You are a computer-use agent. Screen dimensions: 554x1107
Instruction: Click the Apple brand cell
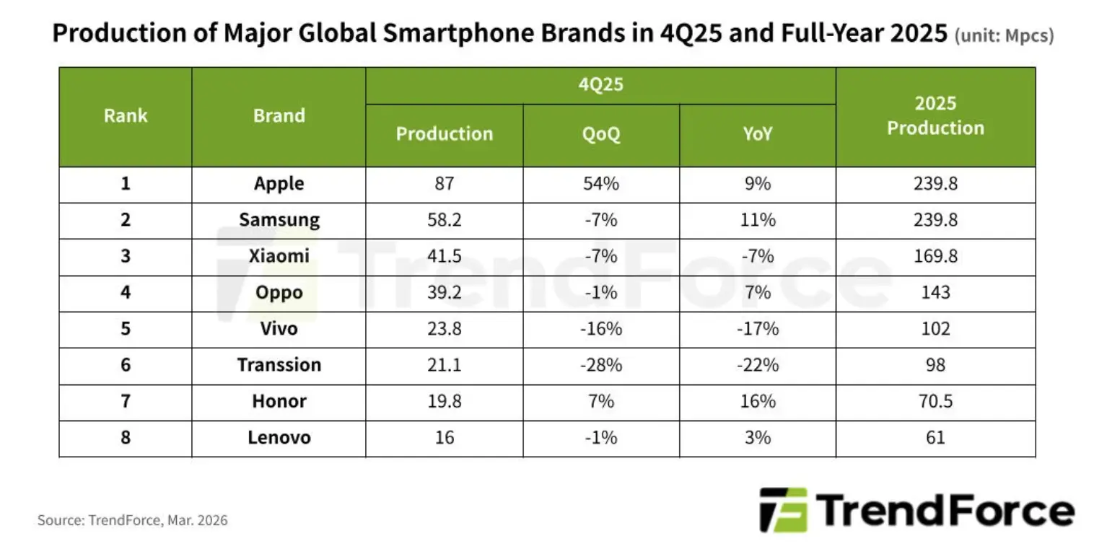point(279,184)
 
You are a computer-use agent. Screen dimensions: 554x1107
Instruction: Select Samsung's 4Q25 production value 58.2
point(445,220)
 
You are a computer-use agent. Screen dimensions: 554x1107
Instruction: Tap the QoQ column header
point(601,134)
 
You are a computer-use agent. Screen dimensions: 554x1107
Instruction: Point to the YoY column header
point(758,134)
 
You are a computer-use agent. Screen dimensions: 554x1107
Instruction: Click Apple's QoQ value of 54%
point(601,184)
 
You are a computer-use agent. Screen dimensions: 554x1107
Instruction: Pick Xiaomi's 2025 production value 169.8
point(935,257)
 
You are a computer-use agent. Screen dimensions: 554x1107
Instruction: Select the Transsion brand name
point(279,365)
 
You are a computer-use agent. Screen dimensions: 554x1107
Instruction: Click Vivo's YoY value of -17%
point(758,329)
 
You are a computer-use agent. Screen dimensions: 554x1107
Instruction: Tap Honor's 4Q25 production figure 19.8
point(445,401)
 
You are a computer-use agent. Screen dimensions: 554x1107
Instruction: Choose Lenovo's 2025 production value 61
point(935,438)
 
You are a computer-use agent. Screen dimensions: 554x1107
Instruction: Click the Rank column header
point(126,115)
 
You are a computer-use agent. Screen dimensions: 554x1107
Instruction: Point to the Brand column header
point(279,115)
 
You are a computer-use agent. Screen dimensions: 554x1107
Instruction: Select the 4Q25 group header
point(601,85)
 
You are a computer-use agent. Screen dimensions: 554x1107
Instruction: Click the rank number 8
point(126,438)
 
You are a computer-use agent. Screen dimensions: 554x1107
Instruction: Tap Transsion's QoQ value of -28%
point(601,365)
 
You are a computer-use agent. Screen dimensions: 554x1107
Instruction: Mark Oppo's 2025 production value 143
point(935,293)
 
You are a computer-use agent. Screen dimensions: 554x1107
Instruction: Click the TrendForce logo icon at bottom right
point(783,510)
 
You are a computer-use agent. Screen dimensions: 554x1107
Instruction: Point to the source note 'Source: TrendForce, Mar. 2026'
point(133,520)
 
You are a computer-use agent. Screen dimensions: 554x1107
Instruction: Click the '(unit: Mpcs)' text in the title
point(1004,36)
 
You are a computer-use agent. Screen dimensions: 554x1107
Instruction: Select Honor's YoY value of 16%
point(758,401)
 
